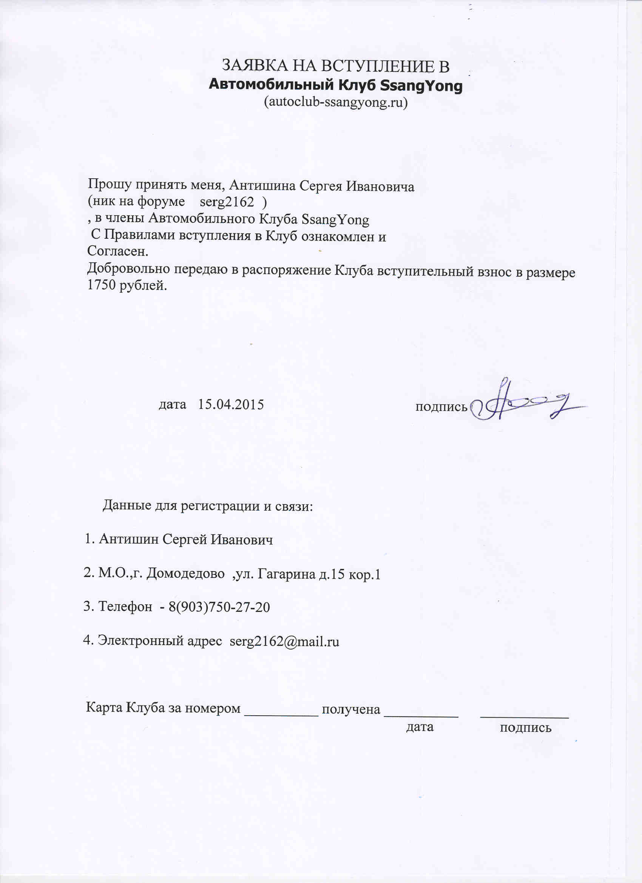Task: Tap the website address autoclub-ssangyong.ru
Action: [336, 102]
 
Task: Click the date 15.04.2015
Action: [231, 404]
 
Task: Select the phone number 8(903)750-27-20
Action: [219, 607]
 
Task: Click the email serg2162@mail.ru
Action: [284, 641]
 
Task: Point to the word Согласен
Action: [117, 251]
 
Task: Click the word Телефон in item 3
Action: [125, 607]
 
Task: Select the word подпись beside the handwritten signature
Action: [441, 407]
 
